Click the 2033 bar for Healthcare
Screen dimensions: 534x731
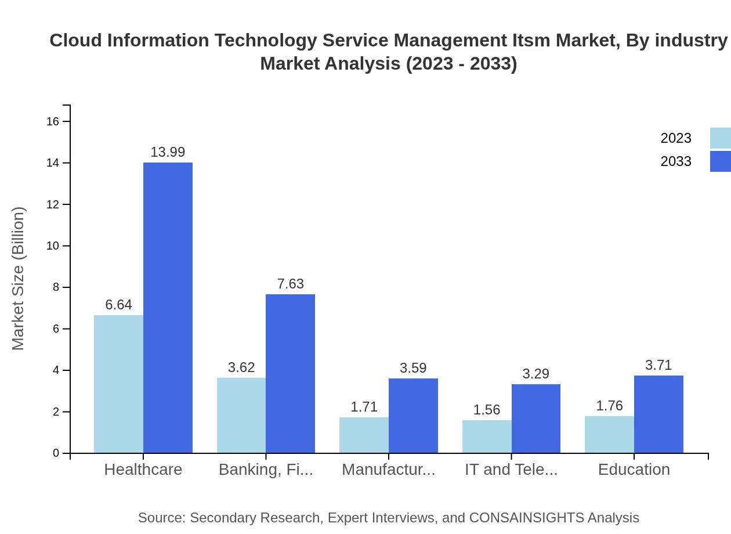[168, 308]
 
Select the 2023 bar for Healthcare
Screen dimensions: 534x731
[118, 384]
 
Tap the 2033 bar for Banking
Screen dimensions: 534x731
[290, 373]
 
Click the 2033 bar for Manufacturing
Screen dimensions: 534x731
[413, 416]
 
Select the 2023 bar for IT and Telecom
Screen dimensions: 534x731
[487, 436]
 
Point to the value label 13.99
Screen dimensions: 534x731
[168, 152]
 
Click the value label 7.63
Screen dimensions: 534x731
[290, 284]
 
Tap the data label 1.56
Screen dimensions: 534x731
[487, 410]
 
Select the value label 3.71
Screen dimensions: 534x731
[658, 365]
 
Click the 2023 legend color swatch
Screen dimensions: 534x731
[720, 138]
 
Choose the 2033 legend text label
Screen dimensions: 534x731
[676, 161]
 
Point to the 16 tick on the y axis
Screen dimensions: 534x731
[53, 121]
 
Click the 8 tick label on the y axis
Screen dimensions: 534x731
[56, 287]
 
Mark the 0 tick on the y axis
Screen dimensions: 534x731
[56, 453]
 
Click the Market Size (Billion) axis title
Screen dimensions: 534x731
[19, 279]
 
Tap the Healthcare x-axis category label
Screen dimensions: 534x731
[143, 470]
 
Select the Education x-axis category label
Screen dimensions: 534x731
[634, 470]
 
